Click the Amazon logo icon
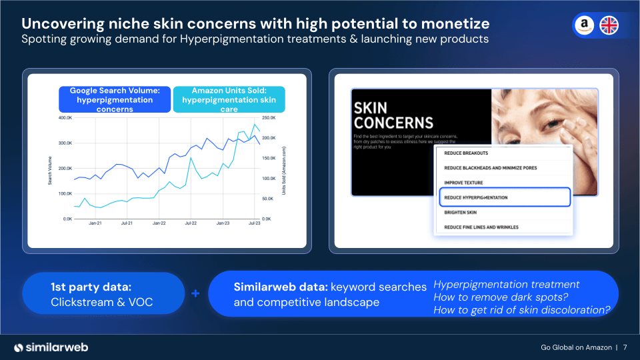pos(585,25)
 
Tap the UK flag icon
pos(609,25)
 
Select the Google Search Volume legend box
pos(115,99)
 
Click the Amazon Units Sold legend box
pos(229,99)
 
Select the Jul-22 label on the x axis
pos(190,224)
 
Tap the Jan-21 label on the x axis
pos(94,224)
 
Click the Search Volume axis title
pos(50,171)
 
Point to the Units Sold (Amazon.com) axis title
pos(284,170)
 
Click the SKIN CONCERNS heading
pos(393,115)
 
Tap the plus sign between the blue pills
pos(195,293)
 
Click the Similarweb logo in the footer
pos(51,347)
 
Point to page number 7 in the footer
pos(625,347)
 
